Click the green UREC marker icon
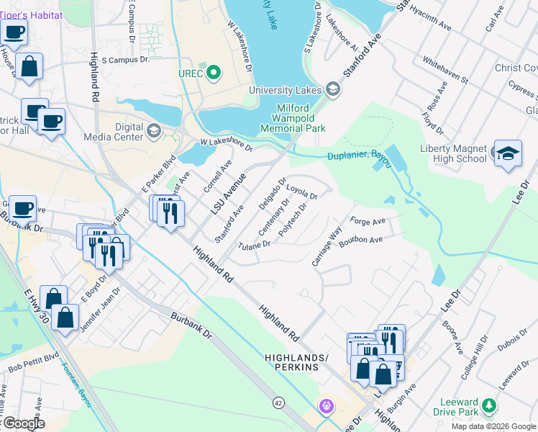pyautogui.click(x=214, y=73)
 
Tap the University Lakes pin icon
pyautogui.click(x=332, y=90)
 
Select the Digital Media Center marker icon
pyautogui.click(x=153, y=130)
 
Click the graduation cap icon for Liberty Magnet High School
pyautogui.click(x=507, y=153)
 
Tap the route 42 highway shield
pyautogui.click(x=278, y=402)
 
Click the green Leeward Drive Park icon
pyautogui.click(x=489, y=407)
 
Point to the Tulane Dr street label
pyautogui.click(x=254, y=245)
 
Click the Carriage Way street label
pyautogui.click(x=326, y=247)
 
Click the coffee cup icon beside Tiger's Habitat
pyautogui.click(x=14, y=31)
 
